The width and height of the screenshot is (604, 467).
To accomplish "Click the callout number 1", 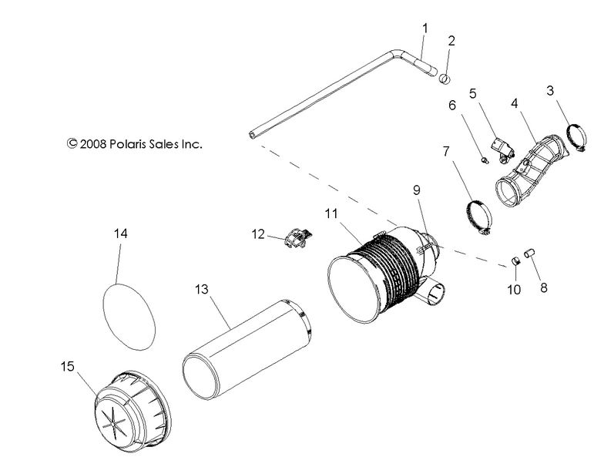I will tap(424, 29).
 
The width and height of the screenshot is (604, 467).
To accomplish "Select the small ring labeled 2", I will tap(445, 78).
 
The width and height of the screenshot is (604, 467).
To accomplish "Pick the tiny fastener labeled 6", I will tap(483, 160).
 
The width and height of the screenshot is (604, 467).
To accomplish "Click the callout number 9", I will tap(416, 189).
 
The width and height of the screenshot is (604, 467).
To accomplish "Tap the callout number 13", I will tap(201, 289).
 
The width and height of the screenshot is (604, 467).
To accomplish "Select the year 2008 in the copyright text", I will tap(93, 143).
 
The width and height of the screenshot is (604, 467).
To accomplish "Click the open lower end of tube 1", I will tap(253, 135).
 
